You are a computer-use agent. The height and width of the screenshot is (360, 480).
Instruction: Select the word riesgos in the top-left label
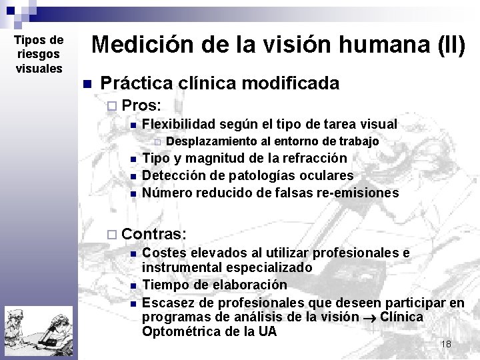(39, 54)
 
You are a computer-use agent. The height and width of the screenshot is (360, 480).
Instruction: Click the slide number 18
(446, 344)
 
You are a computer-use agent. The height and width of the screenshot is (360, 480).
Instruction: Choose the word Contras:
(155, 234)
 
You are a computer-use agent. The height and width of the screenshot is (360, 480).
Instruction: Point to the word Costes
(164, 253)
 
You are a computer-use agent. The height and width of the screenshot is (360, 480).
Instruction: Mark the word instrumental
(179, 267)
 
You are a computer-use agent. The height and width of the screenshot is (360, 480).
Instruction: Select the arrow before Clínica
(370, 317)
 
